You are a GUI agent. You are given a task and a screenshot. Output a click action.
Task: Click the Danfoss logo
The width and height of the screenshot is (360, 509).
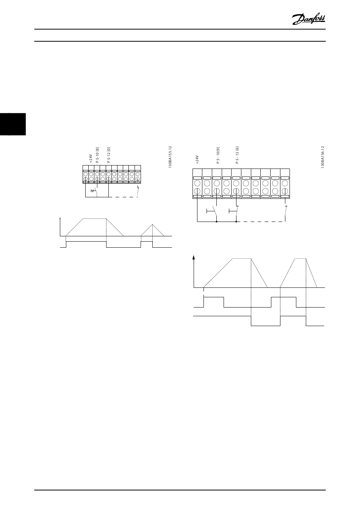coord(309,18)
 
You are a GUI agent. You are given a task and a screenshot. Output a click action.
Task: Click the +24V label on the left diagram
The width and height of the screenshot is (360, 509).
coord(91,158)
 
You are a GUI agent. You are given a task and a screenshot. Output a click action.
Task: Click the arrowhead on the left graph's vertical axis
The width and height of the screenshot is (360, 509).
coord(61,219)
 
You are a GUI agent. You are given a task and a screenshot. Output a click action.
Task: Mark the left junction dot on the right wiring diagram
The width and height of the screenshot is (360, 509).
coord(216,222)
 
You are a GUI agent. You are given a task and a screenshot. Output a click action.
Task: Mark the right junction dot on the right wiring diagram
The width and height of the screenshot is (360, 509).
coord(236,222)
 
